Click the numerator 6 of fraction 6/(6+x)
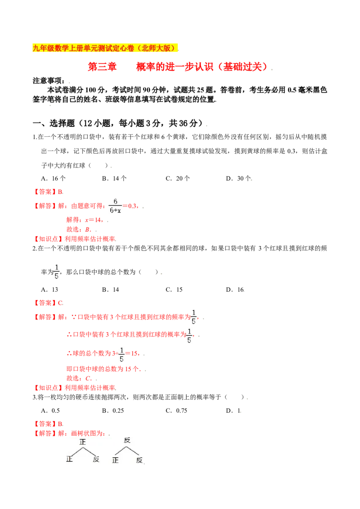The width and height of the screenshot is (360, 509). click(115, 201)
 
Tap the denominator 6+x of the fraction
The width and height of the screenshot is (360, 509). click(115, 210)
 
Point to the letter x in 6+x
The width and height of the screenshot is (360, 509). click(119, 210)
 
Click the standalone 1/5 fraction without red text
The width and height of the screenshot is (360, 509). click(56, 272)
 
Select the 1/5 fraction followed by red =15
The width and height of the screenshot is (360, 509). click(120, 354)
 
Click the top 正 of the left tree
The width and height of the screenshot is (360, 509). click(82, 442)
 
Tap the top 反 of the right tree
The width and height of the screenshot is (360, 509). click(127, 440)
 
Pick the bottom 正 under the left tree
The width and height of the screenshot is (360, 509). click(69, 460)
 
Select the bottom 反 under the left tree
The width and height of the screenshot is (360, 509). click(96, 460)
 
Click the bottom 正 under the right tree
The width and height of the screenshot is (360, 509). click(115, 460)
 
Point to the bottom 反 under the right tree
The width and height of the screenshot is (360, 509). click(139, 460)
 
